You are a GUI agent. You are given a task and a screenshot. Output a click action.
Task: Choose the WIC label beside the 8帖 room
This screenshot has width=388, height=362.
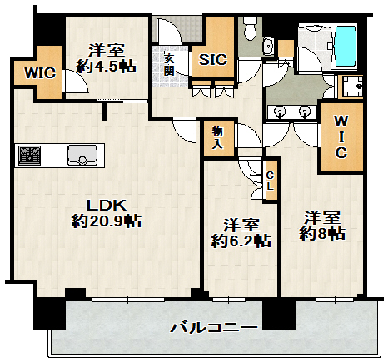[x=341, y=137]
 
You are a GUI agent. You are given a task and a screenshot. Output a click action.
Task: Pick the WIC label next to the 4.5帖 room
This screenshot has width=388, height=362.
[x=38, y=72]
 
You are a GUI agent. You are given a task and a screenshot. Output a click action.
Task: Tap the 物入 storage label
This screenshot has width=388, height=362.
[x=216, y=138]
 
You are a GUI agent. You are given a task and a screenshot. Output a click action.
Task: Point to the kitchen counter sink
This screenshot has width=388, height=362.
[x=83, y=155]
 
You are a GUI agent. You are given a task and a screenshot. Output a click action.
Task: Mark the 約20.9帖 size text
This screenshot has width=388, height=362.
[x=105, y=222]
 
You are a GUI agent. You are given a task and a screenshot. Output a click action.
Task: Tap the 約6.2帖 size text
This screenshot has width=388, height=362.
[x=241, y=242]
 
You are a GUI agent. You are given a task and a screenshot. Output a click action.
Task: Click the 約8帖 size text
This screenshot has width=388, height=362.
[x=321, y=236]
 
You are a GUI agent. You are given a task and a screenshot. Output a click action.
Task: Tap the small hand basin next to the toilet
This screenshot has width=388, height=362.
[x=268, y=46]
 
